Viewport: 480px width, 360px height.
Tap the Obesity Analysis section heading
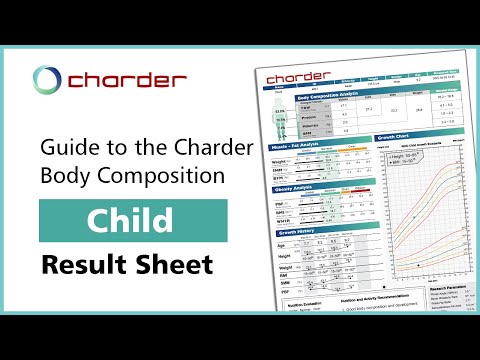294,188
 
